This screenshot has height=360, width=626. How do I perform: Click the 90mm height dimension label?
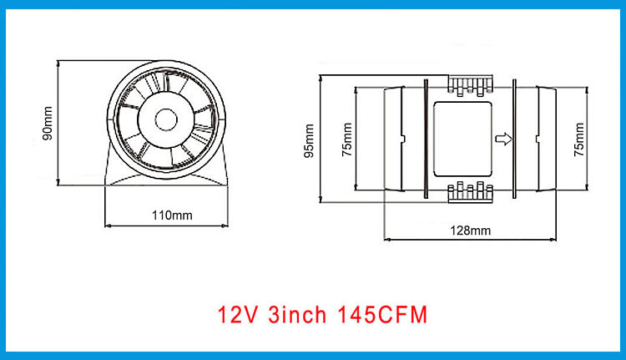coord(48,122)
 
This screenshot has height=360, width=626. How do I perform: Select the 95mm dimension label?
coord(310,139)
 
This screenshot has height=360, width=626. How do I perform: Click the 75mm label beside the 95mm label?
coord(346,139)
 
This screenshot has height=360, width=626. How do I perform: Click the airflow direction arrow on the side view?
coord(502,138)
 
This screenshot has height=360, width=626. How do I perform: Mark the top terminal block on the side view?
coord(471,84)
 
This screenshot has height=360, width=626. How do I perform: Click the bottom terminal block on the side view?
coord(471,193)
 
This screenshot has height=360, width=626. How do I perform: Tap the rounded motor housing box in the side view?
coord(462,139)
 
